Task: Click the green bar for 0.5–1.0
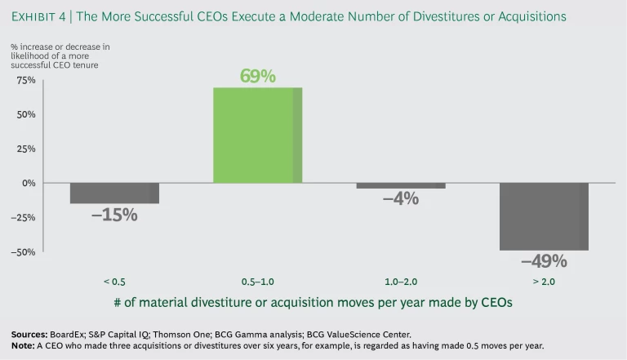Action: pyautogui.click(x=257, y=135)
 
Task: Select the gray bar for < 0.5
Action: pyautogui.click(x=114, y=193)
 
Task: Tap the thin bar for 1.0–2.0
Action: pyautogui.click(x=400, y=185)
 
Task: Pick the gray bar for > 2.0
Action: pyautogui.click(x=544, y=216)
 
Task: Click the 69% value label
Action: pyautogui.click(x=257, y=77)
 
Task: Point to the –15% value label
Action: pyautogui.click(x=114, y=216)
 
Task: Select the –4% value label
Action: pyautogui.click(x=401, y=198)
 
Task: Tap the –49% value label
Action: pyautogui.click(x=544, y=261)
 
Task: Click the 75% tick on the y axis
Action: pyautogui.click(x=26, y=80)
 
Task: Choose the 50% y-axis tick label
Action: pyautogui.click(x=26, y=114)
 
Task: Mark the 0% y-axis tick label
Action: pyautogui.click(x=29, y=183)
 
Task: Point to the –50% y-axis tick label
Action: pyautogui.click(x=24, y=251)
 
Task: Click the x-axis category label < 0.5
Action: pyautogui.click(x=114, y=282)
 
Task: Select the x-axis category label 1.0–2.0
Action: pyautogui.click(x=400, y=282)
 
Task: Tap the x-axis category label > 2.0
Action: pyautogui.click(x=544, y=282)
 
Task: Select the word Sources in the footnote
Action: pyautogui.click(x=29, y=334)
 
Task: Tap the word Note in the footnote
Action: pyautogui.click(x=23, y=345)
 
